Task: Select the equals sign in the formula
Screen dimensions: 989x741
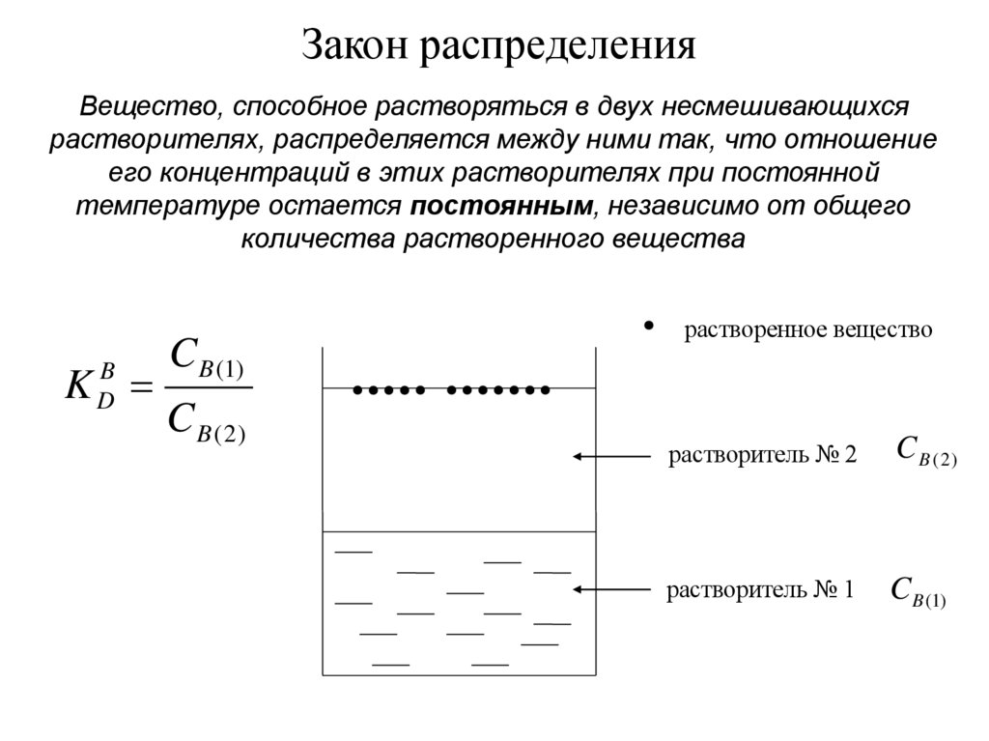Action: (x=141, y=388)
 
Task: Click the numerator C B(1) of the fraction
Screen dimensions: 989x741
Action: (x=207, y=357)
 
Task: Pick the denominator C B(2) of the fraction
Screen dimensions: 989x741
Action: (x=207, y=422)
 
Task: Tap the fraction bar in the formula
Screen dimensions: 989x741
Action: (x=207, y=389)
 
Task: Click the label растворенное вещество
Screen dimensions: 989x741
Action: (x=808, y=330)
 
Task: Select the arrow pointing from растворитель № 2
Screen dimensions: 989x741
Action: (x=610, y=455)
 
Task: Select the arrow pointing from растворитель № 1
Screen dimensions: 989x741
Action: (x=610, y=588)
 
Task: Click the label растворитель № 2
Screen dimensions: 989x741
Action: (x=762, y=455)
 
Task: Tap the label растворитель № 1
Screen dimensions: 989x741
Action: (x=760, y=589)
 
